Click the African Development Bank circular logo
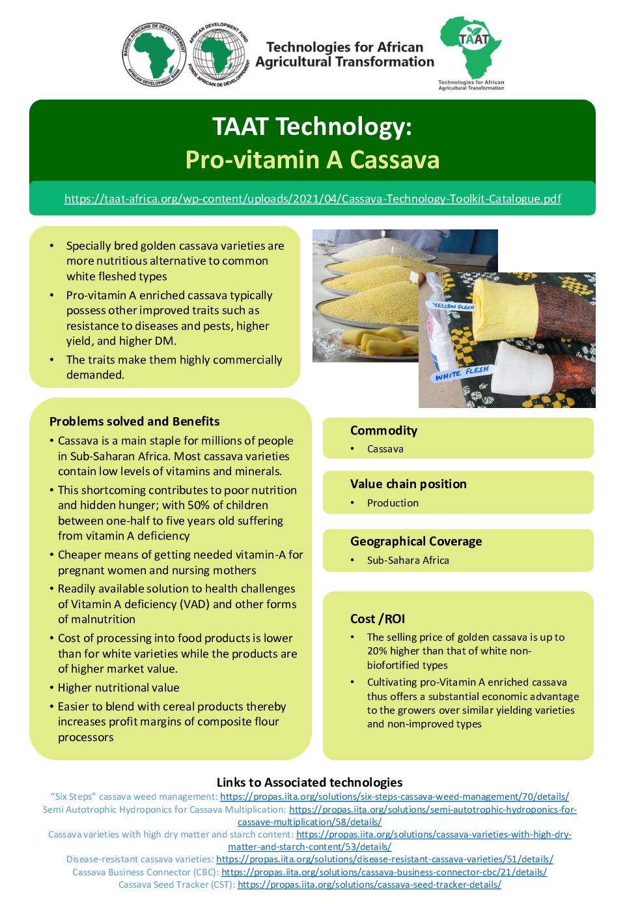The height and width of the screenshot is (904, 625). point(154,55)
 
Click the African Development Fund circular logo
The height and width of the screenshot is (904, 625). point(218,55)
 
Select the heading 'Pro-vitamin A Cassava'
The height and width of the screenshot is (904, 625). point(312,160)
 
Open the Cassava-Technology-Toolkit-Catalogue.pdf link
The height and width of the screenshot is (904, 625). point(312,199)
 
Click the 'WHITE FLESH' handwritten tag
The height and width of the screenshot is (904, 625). point(462,373)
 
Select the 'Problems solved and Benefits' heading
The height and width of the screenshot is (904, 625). point(134,421)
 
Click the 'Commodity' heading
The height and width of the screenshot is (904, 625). point(383,430)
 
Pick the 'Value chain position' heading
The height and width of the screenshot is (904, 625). point(408,484)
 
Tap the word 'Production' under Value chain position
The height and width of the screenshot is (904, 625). point(393,503)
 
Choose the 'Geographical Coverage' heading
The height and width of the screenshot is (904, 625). point(416,541)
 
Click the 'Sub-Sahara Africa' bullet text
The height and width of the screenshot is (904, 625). point(408,561)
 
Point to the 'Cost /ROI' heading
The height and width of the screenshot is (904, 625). point(378,619)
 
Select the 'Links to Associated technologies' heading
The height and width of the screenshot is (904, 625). point(309,782)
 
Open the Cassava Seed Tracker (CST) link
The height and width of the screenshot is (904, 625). point(369,884)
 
